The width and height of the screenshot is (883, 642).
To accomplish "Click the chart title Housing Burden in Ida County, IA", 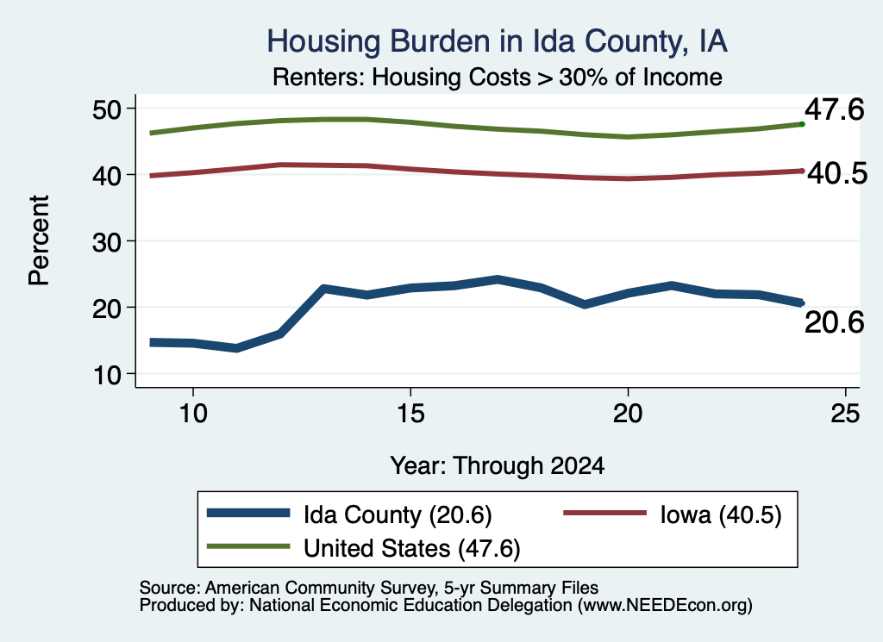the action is [x=497, y=41].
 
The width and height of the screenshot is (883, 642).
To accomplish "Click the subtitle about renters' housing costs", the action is [x=498, y=77].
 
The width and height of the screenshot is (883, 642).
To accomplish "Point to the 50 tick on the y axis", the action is [x=107, y=109].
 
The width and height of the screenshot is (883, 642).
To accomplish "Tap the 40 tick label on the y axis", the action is [x=107, y=175].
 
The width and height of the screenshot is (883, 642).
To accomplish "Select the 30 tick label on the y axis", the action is [x=107, y=241].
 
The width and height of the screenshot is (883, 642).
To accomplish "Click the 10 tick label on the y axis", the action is [x=107, y=374].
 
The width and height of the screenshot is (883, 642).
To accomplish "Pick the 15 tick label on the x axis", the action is [x=410, y=414].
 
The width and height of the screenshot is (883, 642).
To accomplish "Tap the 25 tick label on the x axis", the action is [x=845, y=414].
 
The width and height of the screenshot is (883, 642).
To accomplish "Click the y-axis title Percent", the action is [x=39, y=240].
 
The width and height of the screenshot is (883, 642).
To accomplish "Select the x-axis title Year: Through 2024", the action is [x=498, y=466].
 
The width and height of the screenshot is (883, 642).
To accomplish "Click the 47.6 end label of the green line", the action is [x=834, y=109].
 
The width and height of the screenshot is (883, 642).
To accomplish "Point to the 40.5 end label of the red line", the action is [x=837, y=173].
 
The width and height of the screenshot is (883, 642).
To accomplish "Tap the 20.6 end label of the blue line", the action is [x=834, y=322].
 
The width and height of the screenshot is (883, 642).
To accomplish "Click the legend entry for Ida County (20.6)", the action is [x=349, y=514].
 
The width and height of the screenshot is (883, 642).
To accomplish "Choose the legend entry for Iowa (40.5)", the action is [x=673, y=514].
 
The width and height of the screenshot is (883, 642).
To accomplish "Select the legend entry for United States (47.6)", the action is [x=363, y=548].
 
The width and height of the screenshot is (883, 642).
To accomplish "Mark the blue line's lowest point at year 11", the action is [x=236, y=348].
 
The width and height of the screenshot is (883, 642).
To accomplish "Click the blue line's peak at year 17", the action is [x=498, y=279].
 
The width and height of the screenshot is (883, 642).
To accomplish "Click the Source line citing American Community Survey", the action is [x=369, y=588].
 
